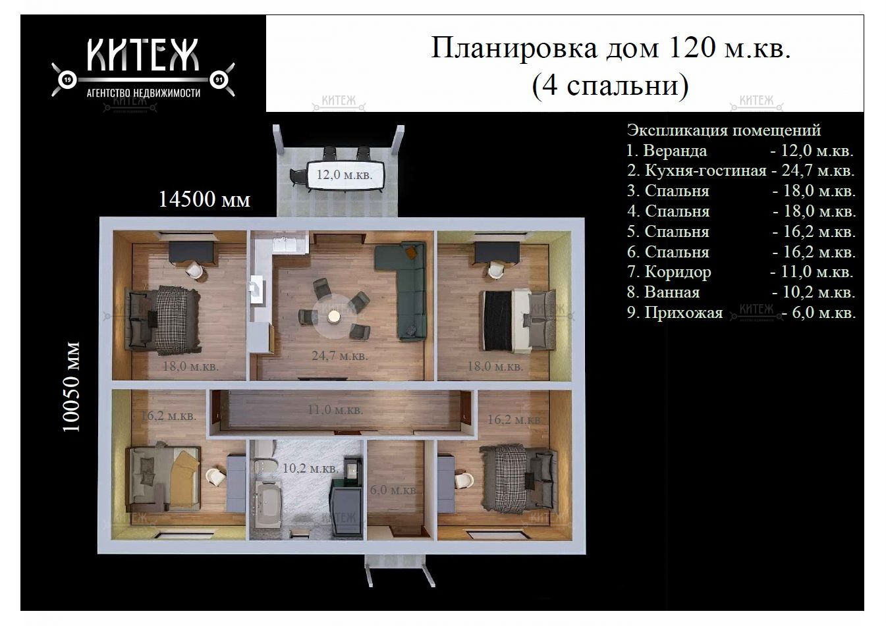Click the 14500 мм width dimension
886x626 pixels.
pos(204,199)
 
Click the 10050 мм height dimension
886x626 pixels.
pos(72,387)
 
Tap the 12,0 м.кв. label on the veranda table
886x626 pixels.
pos(344,174)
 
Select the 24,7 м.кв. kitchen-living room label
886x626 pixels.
pos(340,355)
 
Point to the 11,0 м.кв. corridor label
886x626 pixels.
pos(335,410)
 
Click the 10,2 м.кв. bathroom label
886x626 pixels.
pos(310,468)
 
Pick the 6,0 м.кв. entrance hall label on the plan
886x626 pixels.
pos(393,490)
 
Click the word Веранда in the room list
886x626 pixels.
pos(675,151)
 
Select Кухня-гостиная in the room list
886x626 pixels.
pos(706,170)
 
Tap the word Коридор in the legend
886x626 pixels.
pos(678,273)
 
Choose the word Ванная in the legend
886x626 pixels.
pos(672,292)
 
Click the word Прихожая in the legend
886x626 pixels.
pos(684,313)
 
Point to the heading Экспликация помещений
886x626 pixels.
pos(724,130)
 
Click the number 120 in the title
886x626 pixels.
pos(692,48)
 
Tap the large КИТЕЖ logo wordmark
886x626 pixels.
pos(142,55)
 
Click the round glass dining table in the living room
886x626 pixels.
pos(334,316)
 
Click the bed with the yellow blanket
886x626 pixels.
pos(163,477)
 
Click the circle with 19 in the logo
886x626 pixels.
pos(67,80)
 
